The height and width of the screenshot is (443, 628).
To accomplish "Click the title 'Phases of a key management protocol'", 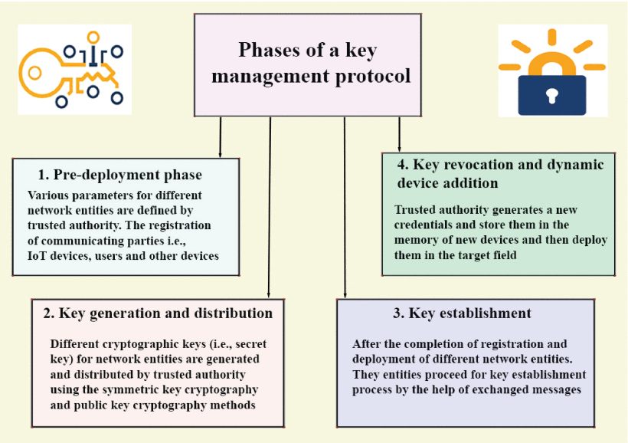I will coord(307,64).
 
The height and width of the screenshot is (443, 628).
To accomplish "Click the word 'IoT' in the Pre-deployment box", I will coord(38,256).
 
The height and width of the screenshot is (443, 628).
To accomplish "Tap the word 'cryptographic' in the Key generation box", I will coord(135,344).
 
